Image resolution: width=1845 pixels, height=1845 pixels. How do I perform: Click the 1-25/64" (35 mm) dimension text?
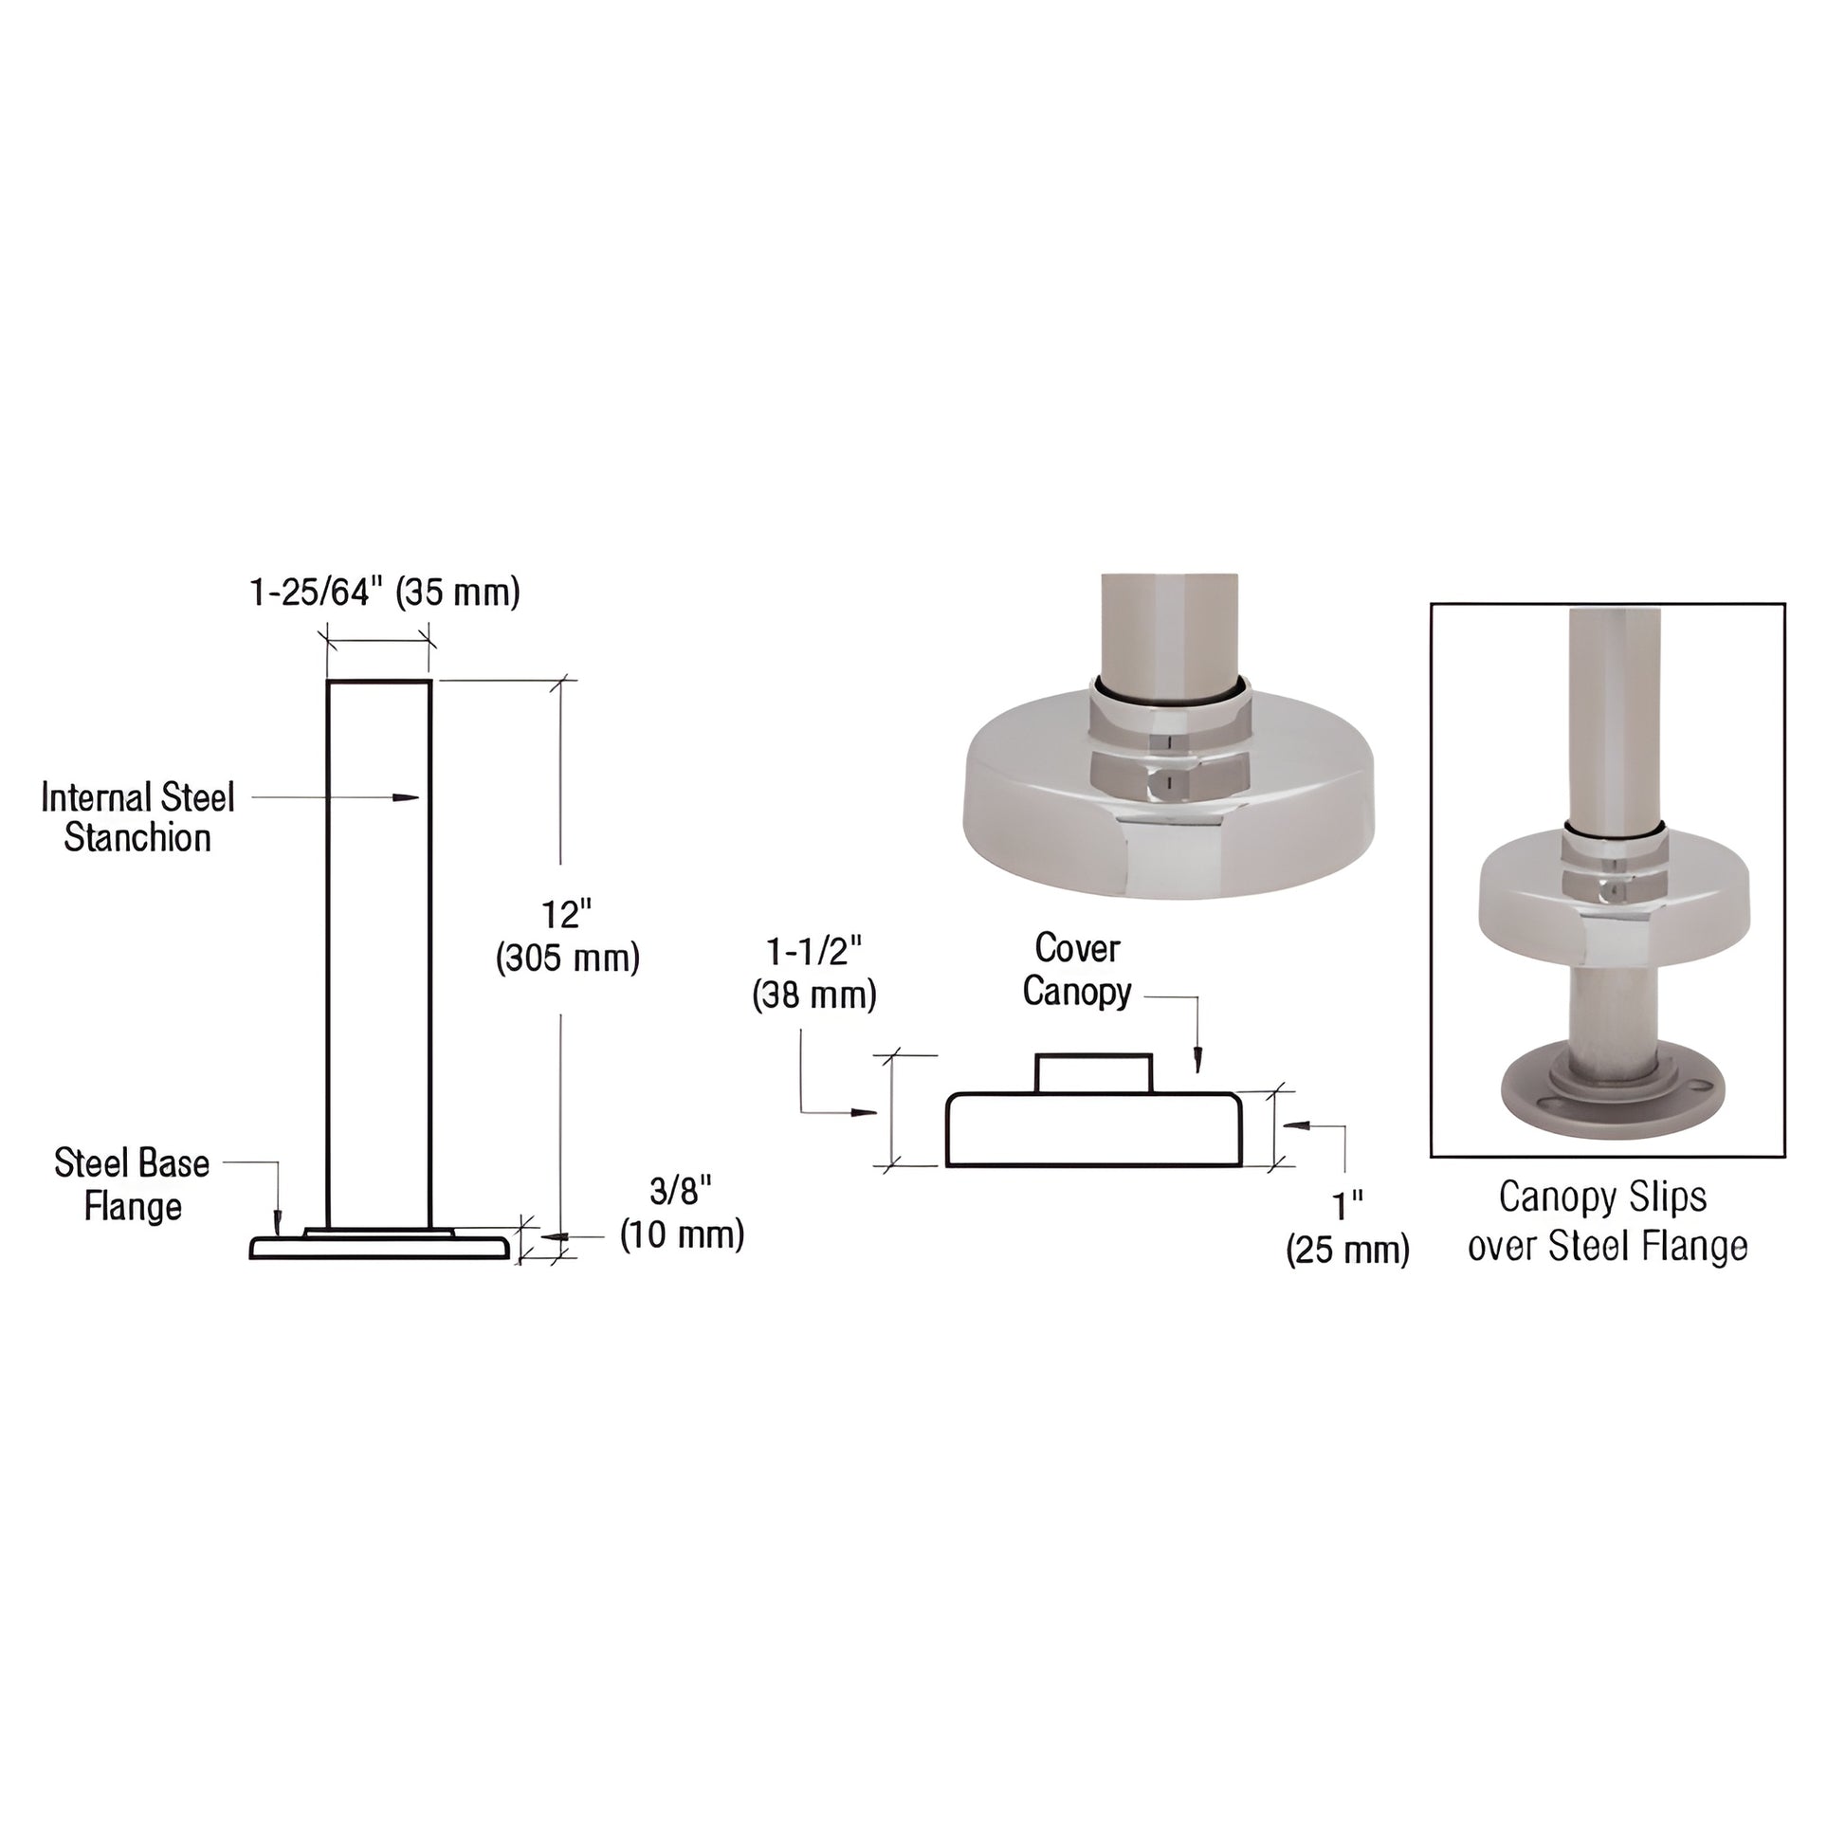385,594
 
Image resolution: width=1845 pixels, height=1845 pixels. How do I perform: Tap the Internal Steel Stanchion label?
137,817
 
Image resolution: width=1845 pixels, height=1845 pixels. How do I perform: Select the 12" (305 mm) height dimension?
567,937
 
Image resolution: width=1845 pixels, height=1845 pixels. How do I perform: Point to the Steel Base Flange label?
132,1184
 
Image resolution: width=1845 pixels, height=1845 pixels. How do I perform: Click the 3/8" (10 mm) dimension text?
682,1214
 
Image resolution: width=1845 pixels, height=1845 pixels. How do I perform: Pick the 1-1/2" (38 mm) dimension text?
813,973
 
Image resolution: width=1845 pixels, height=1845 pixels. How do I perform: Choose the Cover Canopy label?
1077,969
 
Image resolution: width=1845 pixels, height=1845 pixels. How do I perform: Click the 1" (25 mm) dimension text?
1347,1228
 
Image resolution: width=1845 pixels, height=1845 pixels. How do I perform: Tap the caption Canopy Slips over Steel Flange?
1607,1221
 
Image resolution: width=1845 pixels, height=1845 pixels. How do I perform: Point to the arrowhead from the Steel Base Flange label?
277,1221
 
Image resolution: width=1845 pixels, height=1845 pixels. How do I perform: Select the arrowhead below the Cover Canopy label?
1198,1060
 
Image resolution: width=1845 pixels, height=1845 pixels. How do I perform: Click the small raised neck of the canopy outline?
1094,1073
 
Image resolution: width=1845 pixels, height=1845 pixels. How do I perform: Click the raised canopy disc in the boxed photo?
1614,893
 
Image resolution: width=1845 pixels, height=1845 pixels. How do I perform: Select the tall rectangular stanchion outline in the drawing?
379,955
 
